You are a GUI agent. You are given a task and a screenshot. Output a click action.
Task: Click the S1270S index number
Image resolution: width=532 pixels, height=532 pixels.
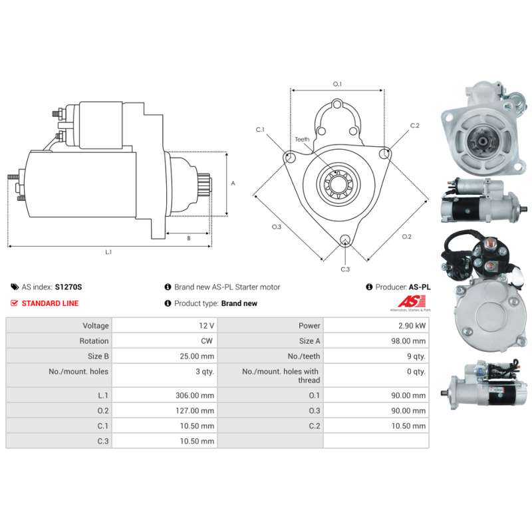click(x=68, y=287)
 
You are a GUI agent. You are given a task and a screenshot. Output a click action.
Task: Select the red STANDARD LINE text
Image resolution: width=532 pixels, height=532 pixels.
click(x=50, y=303)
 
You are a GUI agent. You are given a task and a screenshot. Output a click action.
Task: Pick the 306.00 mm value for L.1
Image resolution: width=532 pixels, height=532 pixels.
click(x=195, y=395)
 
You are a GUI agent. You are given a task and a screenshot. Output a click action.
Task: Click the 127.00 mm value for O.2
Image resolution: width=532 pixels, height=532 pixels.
click(x=195, y=410)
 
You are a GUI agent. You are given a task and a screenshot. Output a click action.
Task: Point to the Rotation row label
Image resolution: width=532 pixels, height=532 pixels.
click(x=94, y=341)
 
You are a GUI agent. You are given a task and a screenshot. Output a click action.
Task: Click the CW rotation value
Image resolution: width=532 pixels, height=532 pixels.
click(x=207, y=341)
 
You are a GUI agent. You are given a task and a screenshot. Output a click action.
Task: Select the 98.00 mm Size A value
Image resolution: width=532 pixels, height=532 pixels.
click(x=408, y=341)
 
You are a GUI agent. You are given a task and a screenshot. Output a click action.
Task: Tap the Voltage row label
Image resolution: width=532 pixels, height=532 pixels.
click(x=96, y=326)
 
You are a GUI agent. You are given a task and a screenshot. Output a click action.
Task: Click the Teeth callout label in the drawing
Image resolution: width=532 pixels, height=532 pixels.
click(x=302, y=140)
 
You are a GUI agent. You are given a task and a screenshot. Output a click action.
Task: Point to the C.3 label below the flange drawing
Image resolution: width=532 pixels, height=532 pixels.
click(x=345, y=269)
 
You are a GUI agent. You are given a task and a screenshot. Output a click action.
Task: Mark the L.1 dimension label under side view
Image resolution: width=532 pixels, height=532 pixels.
click(x=108, y=252)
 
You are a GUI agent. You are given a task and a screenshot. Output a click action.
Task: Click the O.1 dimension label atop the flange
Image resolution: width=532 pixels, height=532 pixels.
click(x=337, y=84)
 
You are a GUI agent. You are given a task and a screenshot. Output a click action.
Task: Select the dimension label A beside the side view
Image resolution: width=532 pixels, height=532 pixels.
click(x=233, y=184)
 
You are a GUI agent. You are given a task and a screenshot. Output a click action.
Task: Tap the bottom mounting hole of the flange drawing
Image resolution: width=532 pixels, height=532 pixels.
click(x=345, y=239)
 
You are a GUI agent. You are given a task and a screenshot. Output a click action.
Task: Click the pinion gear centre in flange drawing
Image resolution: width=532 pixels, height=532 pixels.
click(x=338, y=184)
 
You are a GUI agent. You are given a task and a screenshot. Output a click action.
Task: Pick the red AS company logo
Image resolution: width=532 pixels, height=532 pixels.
click(x=412, y=301)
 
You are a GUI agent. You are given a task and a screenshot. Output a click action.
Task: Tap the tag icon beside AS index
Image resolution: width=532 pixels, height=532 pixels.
click(x=15, y=287)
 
